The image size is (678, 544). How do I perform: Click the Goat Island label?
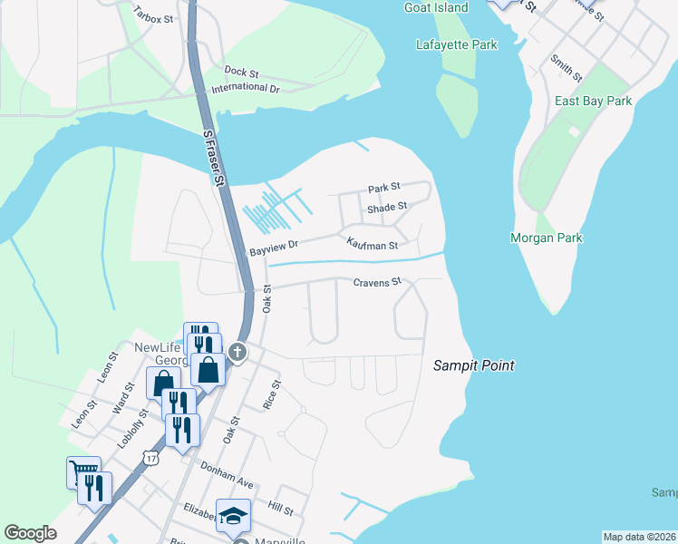pyautogui.click(x=436, y=8)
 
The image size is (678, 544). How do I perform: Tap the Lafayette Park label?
pyautogui.click(x=456, y=44)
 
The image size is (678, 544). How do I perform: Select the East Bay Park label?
pyautogui.click(x=594, y=102)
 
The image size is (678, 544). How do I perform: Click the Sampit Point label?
pyautogui.click(x=472, y=365)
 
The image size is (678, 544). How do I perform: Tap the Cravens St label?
pyautogui.click(x=376, y=283)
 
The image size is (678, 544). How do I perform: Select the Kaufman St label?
pyautogui.click(x=372, y=245)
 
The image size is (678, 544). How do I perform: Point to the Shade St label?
pyautogui.click(x=387, y=208)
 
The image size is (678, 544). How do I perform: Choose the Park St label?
pyautogui.click(x=383, y=189)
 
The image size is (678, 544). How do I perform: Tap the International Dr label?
pyautogui.click(x=245, y=88)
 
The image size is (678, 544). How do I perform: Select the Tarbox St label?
pyautogui.click(x=152, y=15)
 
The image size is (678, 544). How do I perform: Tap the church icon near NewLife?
pyautogui.click(x=237, y=352)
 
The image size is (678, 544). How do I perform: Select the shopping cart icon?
pyautogui.click(x=83, y=471)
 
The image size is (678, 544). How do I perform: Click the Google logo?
pyautogui.click(x=30, y=533)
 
